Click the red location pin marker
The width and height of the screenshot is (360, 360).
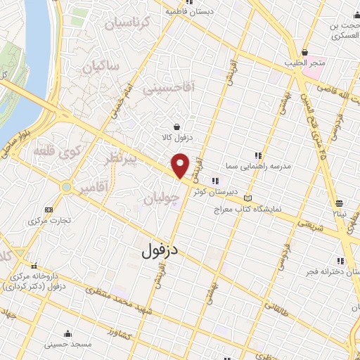(181, 165)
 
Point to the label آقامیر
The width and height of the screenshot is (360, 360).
(93, 189)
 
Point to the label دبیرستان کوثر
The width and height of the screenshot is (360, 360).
(236, 191)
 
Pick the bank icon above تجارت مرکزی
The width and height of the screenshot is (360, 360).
(48, 210)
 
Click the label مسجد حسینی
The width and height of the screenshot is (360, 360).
(67, 344)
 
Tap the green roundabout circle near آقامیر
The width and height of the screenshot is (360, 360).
(66, 187)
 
